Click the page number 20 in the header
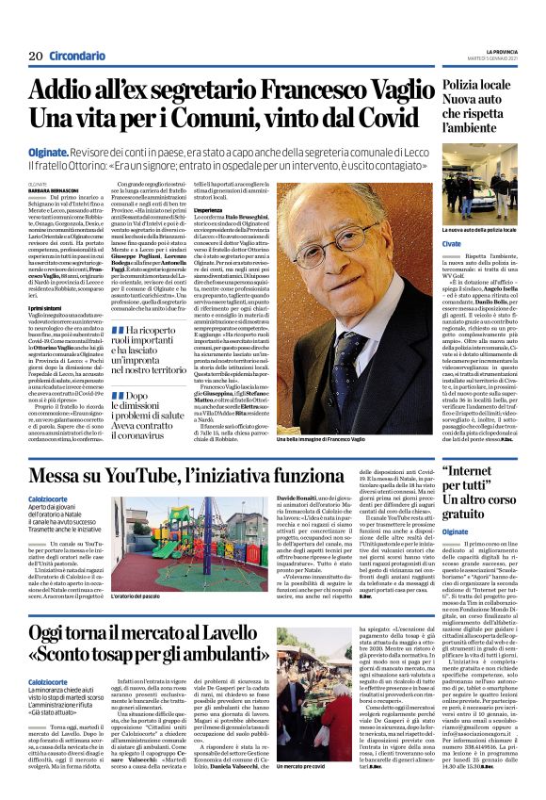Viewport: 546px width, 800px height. [x=36, y=57]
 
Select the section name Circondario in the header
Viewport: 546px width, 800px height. [x=76, y=57]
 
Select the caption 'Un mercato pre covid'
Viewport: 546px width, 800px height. [x=303, y=791]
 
